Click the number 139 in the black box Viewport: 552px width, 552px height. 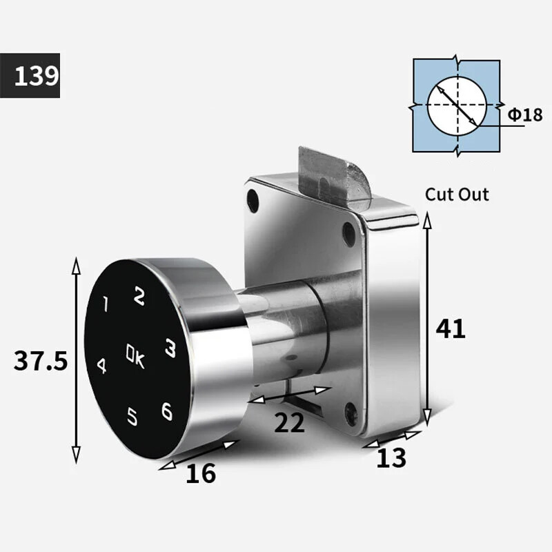coord(37,76)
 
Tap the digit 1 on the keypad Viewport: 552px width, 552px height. coord(106,304)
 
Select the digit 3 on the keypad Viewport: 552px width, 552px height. coord(170,348)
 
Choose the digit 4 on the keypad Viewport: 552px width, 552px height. coord(101,366)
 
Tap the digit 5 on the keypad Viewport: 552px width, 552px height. coord(132,416)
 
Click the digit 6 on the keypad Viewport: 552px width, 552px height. coord(167,411)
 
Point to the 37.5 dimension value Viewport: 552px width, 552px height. coord(41,361)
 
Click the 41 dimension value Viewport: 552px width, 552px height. coord(451,329)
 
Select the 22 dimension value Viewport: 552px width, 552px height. coord(289,422)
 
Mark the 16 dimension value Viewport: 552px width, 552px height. coord(201,473)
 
